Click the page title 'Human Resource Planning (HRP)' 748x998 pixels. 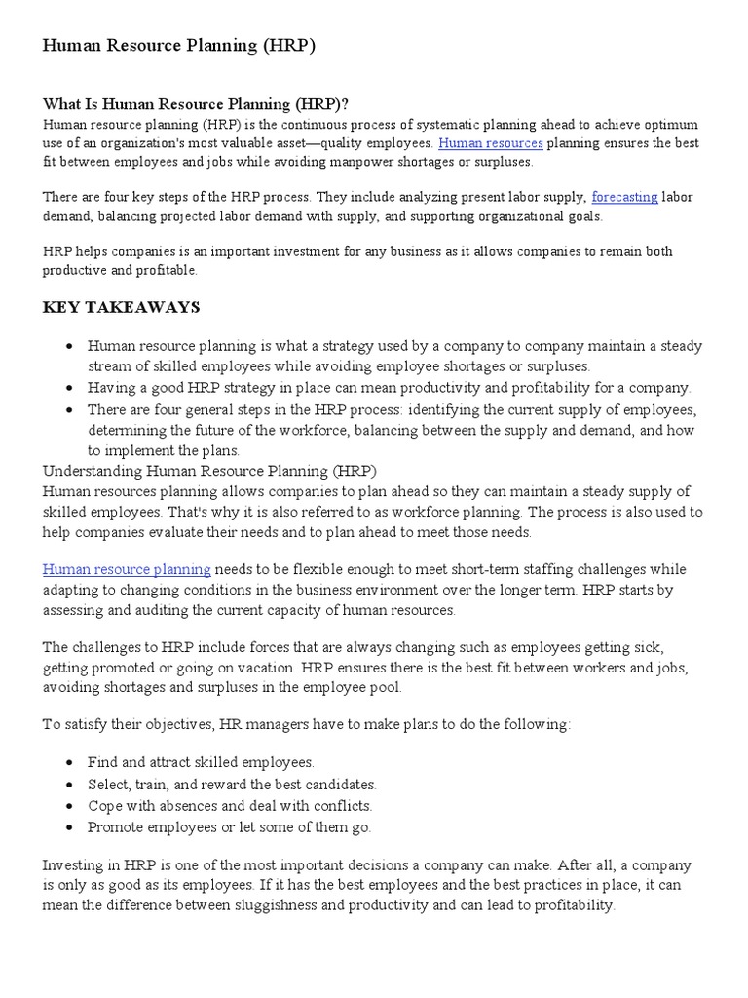178,46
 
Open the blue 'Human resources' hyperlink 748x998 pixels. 490,143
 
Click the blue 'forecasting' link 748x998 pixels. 624,197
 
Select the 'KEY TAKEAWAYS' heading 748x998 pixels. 122,308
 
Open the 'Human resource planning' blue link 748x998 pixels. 127,569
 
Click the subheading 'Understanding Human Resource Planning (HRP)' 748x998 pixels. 209,471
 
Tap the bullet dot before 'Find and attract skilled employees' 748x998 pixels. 70,763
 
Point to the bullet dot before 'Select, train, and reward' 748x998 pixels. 70,785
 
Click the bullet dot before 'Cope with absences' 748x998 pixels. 70,806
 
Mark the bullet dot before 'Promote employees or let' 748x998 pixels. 70,827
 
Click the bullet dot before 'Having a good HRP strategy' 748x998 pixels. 70,388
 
